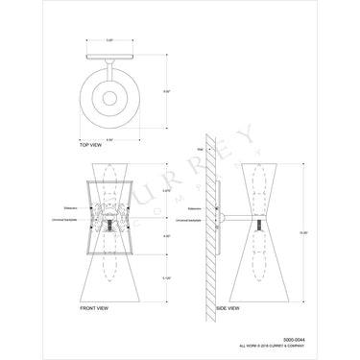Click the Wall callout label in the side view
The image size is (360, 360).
coord(201,150)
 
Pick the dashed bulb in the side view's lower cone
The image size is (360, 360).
coord(257,269)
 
